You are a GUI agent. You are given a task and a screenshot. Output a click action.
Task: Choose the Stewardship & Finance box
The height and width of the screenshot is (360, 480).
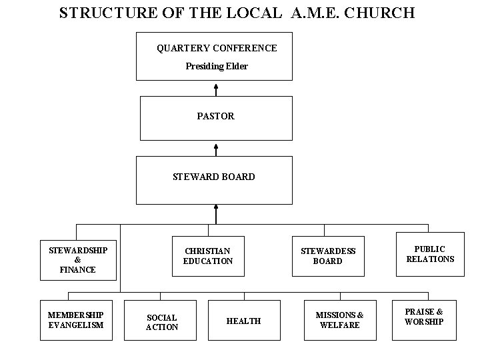[78, 259]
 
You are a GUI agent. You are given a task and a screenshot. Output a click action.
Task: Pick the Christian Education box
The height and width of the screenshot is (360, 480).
[208, 256]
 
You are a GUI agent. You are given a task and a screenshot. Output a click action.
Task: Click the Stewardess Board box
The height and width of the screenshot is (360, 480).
[328, 256]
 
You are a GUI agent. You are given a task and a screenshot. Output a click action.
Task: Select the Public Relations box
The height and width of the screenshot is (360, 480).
[430, 254]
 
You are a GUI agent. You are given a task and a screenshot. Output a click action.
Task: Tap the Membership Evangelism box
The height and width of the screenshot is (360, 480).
[75, 320]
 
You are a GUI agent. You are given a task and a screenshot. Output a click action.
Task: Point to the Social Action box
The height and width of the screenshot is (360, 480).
[162, 322]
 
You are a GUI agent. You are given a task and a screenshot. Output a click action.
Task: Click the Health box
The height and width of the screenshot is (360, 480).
[243, 321]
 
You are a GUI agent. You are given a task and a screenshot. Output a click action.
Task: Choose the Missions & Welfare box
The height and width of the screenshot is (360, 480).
[339, 320]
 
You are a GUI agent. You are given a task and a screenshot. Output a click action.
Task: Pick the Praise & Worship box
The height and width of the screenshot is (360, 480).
[424, 317]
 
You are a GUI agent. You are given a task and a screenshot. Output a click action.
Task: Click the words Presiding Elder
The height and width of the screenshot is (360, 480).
[217, 67]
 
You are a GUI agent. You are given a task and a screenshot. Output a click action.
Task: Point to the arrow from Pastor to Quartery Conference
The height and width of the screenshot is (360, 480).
[216, 89]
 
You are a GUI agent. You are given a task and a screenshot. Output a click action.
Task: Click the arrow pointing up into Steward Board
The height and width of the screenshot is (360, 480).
[215, 213]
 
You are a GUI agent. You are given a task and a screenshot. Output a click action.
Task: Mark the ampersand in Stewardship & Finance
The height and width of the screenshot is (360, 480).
[78, 260]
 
